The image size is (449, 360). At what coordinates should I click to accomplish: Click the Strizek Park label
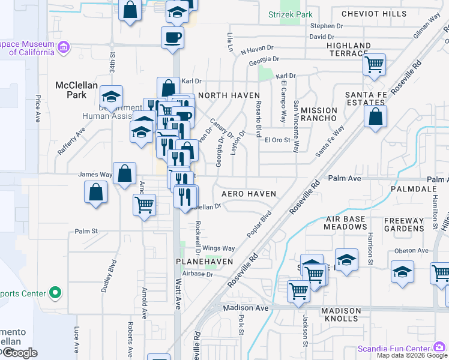click(300, 13)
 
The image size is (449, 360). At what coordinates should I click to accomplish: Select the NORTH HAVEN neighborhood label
click(229, 95)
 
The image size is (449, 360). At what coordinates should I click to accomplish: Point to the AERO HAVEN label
click(249, 194)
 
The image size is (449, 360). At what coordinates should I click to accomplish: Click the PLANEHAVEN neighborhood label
click(200, 262)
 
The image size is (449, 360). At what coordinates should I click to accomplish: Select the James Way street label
click(95, 175)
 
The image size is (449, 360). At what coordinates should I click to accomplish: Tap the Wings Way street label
click(218, 248)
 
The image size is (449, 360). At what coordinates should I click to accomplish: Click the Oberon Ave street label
click(411, 251)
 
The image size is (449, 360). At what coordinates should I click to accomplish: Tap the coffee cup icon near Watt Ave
click(173, 38)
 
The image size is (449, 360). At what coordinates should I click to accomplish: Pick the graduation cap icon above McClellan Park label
click(111, 96)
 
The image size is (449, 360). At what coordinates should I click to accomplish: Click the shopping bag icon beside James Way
click(124, 174)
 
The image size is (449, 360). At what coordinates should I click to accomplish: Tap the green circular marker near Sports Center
click(55, 293)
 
